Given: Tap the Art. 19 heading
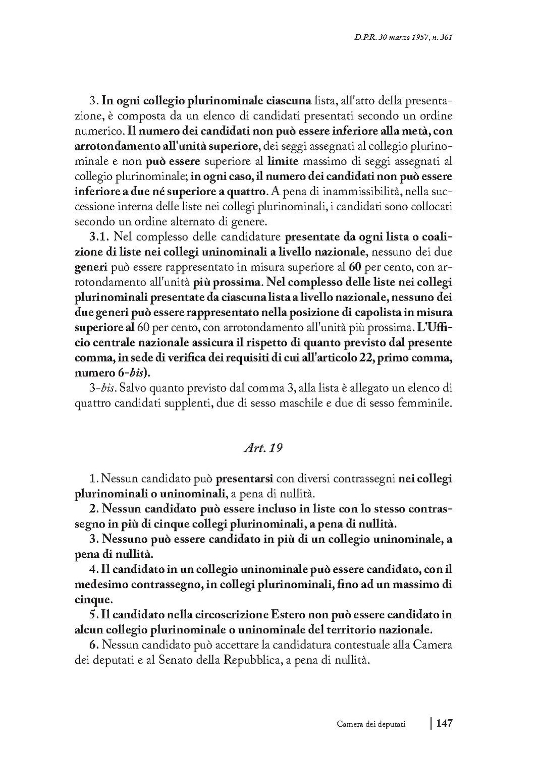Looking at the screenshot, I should click(x=262, y=448).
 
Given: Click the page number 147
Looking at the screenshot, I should click(x=444, y=723).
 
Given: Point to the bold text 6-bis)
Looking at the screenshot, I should click(x=131, y=373).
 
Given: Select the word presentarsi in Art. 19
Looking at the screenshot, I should click(x=245, y=478).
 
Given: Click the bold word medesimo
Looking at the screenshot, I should click(x=100, y=584).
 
